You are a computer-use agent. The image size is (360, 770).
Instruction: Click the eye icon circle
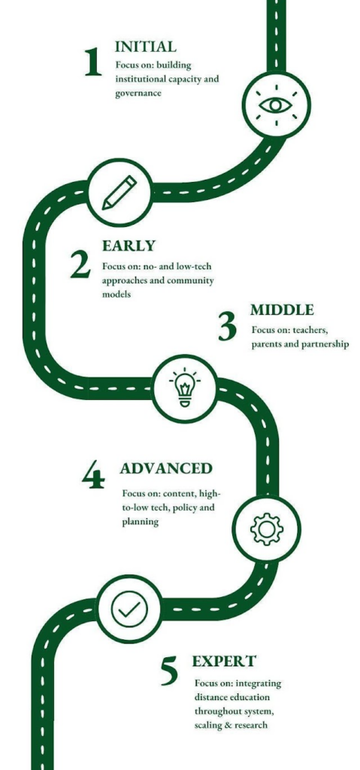277,105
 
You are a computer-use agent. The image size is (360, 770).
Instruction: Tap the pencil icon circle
119,192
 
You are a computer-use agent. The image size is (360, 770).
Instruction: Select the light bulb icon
184,387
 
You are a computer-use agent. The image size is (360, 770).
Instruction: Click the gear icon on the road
266,529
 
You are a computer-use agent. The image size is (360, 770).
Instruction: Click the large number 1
93,63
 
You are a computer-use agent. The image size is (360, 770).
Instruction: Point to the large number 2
80,265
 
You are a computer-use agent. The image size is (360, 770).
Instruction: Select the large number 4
93,476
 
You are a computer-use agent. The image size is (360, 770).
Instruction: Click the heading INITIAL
145,47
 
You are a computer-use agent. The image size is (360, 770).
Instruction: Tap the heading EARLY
129,245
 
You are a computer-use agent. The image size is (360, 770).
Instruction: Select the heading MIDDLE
282,310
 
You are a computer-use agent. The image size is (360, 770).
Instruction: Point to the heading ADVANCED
166,468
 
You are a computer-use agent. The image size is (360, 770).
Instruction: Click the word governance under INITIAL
138,92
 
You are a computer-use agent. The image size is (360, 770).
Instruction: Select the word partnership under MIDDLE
324,344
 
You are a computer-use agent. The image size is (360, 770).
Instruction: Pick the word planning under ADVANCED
141,522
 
